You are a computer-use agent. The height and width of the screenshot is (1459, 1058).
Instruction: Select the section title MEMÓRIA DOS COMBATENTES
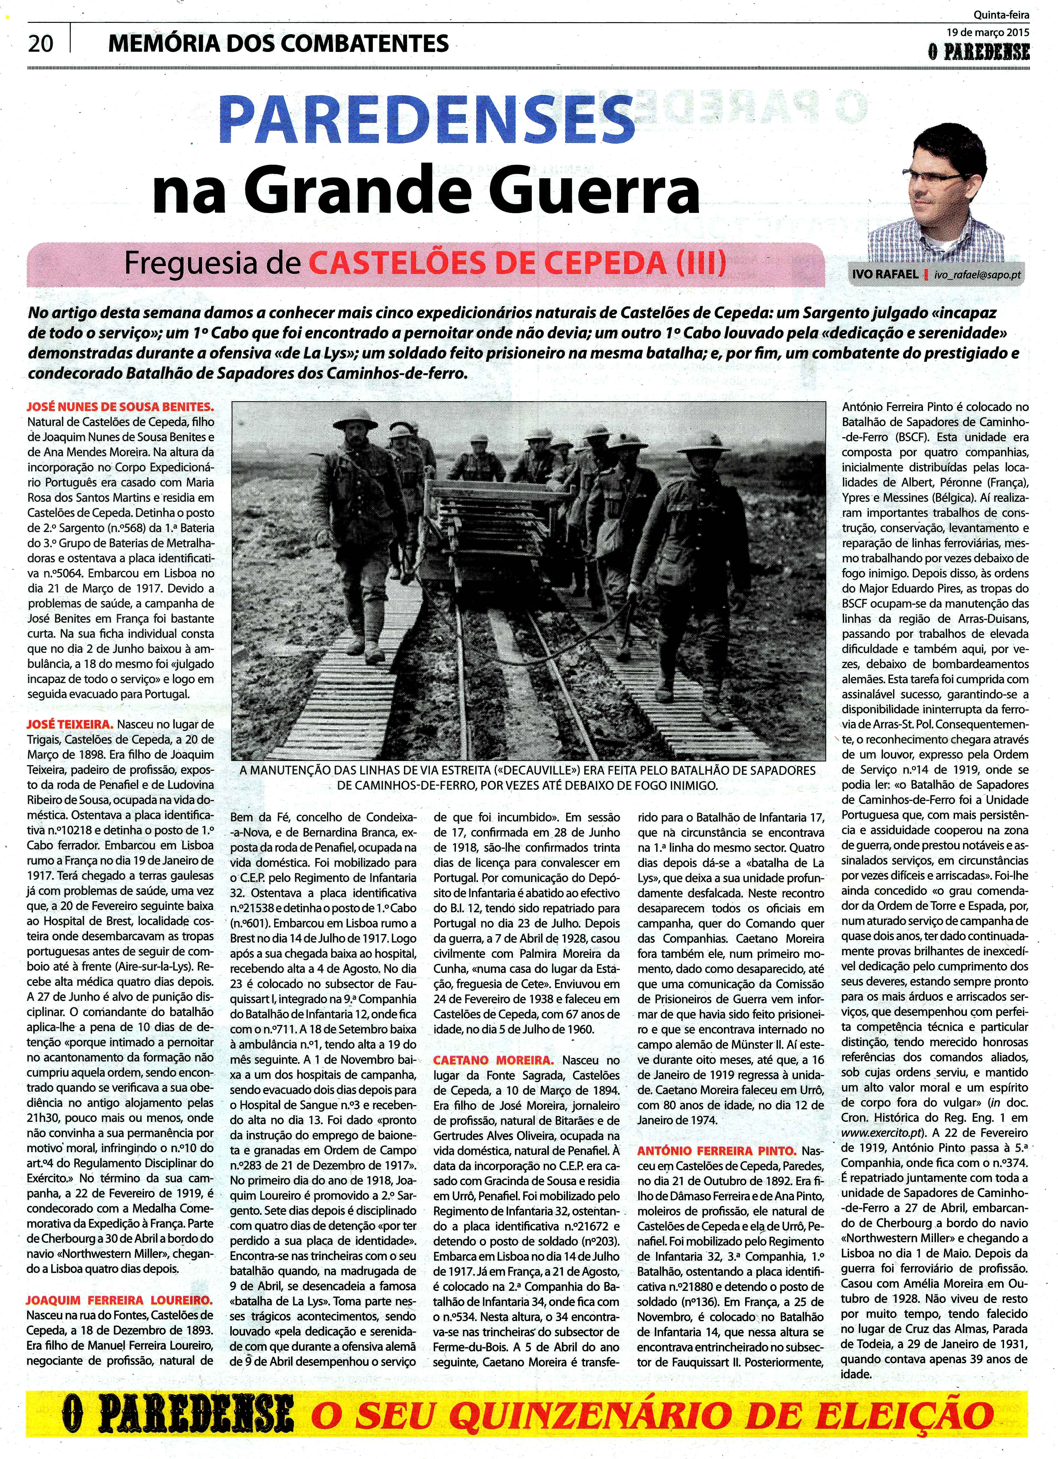click(279, 43)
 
